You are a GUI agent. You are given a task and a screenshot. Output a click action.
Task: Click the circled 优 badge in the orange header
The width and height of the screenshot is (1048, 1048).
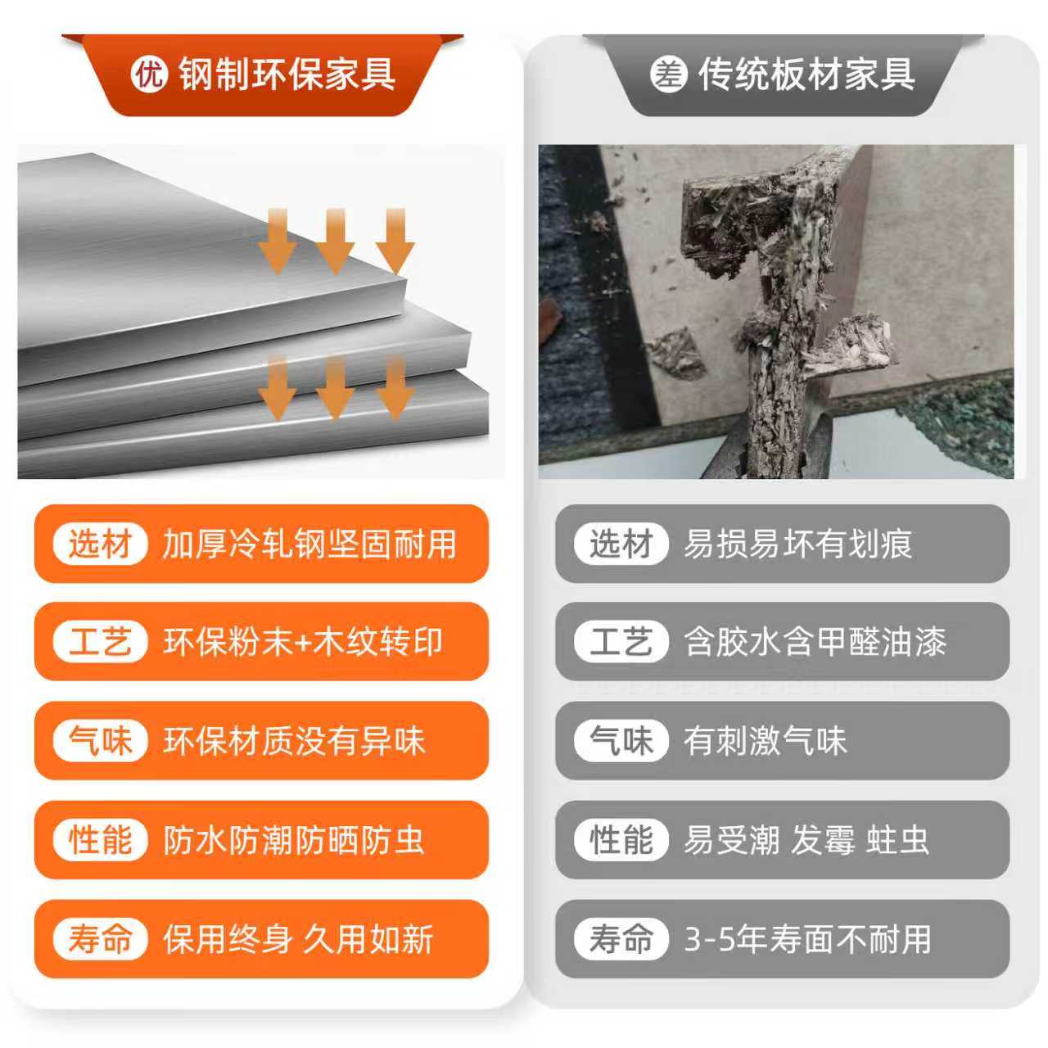coord(148,75)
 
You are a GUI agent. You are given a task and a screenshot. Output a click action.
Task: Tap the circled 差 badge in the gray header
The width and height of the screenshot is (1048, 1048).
coord(668,75)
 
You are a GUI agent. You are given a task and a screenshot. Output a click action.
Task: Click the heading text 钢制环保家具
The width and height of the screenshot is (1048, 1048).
coord(287,74)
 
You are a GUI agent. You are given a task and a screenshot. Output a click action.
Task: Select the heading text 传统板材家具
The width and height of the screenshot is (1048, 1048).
coord(806,74)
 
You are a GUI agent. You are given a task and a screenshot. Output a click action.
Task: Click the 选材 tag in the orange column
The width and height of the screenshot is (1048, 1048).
coord(100,544)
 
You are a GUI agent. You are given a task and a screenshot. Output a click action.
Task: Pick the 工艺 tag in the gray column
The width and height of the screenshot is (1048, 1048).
coord(621,641)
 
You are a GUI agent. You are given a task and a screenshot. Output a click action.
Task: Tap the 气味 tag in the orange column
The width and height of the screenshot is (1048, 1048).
coord(100,740)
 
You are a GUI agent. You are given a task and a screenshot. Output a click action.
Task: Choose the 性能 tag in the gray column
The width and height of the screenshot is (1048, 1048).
coord(621,839)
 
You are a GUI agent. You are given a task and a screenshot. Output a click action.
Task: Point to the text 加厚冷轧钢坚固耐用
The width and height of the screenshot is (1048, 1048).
coord(309,544)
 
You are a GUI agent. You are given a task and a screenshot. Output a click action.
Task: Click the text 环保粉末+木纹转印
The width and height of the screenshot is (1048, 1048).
coord(303,642)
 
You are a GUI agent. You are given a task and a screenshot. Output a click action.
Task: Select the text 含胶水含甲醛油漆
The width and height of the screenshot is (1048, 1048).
coord(815,642)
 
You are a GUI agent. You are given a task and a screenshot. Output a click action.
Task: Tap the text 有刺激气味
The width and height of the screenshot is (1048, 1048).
coord(766,741)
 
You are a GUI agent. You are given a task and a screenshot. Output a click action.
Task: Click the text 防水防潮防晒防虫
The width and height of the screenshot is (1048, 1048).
coord(294,840)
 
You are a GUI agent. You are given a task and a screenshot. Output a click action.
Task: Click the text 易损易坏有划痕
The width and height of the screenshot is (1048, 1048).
coord(797,544)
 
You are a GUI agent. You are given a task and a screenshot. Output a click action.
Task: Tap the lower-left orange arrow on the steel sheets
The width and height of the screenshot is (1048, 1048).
coord(278,387)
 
